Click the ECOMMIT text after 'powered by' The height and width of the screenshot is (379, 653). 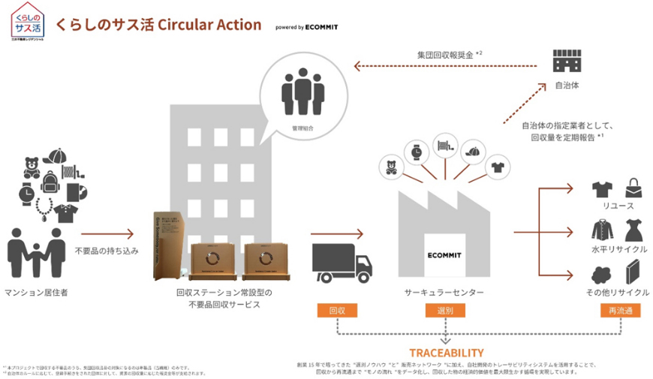click(321, 27)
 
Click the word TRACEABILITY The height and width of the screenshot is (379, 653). click(446, 352)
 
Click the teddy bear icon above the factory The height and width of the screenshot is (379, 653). click(390, 165)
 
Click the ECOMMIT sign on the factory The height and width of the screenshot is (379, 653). click(445, 254)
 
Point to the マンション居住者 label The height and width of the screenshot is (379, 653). click(37, 292)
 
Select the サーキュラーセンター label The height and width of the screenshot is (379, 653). click(444, 292)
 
